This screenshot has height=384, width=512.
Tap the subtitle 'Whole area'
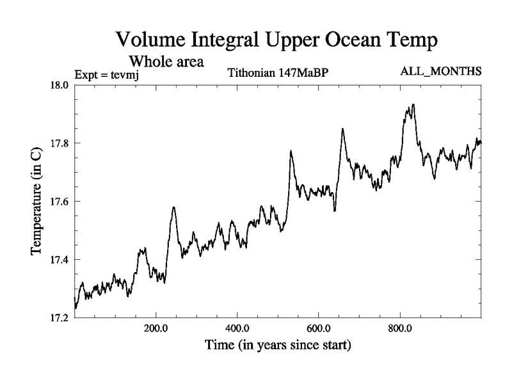coord(166,62)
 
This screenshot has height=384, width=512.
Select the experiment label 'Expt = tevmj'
coord(107,74)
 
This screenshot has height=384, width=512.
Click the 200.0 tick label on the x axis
coord(156,329)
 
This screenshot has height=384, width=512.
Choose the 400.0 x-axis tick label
coord(237,329)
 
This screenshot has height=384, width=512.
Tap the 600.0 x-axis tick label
coord(319,329)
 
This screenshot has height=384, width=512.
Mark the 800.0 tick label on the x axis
coord(400,329)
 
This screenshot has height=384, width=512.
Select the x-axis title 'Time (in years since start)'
coord(278,346)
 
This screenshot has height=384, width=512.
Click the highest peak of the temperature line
coord(413,104)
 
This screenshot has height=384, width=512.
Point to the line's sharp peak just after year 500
coord(291,151)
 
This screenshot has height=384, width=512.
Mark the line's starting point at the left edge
coord(76,308)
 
